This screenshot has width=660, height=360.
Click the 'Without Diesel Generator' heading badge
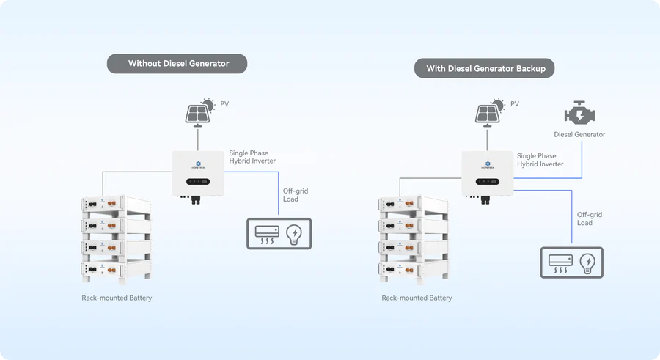(x=177, y=64)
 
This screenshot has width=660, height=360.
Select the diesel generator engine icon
(x=579, y=113)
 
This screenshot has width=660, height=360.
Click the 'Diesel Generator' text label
(x=579, y=135)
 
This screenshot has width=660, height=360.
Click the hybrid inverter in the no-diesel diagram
(x=198, y=173)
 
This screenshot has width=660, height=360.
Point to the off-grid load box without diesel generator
(x=278, y=234)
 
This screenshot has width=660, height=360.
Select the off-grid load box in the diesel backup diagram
(x=572, y=262)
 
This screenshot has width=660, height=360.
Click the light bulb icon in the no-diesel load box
(x=295, y=234)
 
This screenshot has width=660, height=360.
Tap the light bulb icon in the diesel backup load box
(x=588, y=262)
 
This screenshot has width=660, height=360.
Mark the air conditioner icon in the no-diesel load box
(x=265, y=234)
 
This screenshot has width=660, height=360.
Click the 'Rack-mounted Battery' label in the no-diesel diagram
(x=117, y=298)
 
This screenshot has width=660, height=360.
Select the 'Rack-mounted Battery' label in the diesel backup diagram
(x=417, y=298)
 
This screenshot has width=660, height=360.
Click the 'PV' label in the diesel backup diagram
(x=514, y=104)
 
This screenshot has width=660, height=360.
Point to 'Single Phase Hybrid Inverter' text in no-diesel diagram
(x=252, y=157)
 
